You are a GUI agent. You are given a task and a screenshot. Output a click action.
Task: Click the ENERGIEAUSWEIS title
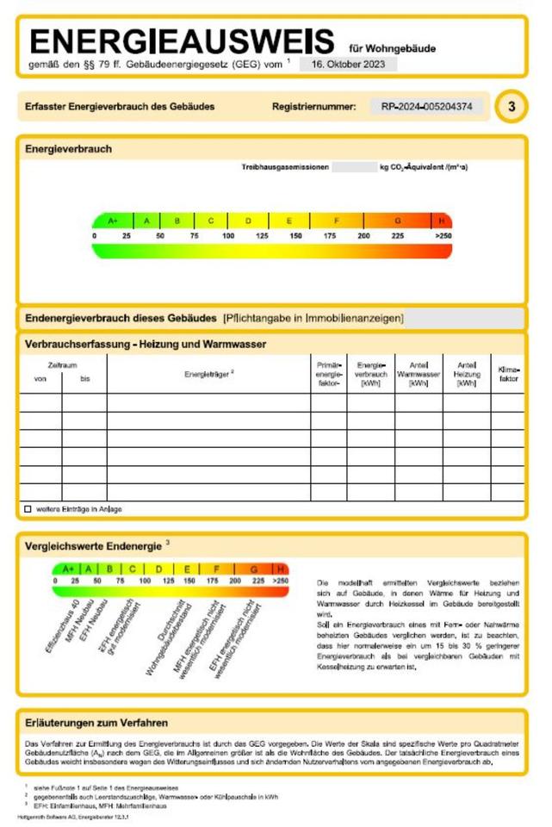pos(182,40)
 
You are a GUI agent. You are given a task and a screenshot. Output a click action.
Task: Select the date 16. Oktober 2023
pos(349,64)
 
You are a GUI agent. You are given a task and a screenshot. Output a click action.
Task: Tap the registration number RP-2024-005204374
pos(427,107)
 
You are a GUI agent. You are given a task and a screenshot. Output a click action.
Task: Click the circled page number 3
pos(512,107)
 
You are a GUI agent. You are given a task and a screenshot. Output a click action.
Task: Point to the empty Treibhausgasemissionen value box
pos(353,167)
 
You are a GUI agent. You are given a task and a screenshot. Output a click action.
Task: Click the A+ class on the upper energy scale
pos(113,221)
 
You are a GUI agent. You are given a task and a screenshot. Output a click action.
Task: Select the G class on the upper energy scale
pos(397,221)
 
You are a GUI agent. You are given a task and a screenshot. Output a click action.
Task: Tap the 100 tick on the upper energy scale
pos(228,235)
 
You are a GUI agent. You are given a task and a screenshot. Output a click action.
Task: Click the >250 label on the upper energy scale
pos(443,235)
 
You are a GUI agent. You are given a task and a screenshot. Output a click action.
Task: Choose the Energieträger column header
pos(208,374)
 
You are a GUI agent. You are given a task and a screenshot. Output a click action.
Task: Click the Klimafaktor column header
pos(509,374)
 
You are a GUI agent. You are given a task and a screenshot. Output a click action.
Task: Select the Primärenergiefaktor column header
pos(329,374)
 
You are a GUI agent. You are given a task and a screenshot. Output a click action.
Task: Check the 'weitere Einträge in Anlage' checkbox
pos(28,509)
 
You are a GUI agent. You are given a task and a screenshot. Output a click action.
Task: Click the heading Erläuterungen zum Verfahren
pos(96,723)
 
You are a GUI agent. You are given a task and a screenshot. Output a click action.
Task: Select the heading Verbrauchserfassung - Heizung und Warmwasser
pos(146,344)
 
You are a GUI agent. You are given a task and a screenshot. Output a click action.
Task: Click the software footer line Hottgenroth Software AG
pos(73,815)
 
